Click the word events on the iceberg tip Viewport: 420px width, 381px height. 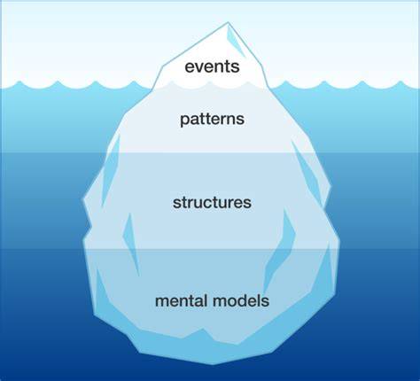[212, 66]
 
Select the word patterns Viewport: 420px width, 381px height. [212, 120]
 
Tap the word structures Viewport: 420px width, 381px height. [212, 203]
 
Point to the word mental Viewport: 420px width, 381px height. [181, 301]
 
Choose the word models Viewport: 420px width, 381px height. [241, 301]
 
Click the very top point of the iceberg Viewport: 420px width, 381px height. [228, 22]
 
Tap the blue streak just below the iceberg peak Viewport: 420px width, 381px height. [236, 43]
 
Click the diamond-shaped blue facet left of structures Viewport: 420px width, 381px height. [131, 245]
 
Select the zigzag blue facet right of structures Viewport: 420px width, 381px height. [279, 251]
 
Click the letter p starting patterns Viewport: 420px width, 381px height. [184, 121]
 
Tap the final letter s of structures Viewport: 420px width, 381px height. [248, 204]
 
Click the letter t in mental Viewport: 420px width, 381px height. [196, 301]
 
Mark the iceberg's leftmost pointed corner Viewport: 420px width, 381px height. [82, 200]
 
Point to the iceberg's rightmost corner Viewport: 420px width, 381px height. [340, 242]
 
